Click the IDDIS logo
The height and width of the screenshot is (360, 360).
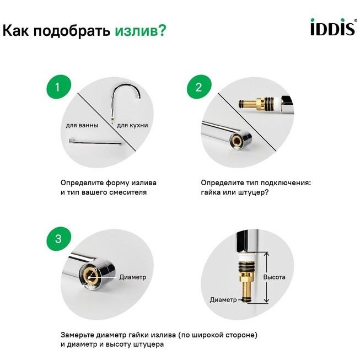[334, 27]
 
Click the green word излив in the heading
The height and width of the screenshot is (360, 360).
[140, 31]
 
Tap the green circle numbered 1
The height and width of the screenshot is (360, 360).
[58, 87]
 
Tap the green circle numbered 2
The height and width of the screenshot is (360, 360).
[199, 87]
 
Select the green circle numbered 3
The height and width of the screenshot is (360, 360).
[58, 239]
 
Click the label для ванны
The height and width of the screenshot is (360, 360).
[82, 125]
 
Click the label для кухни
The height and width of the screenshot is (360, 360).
[132, 125]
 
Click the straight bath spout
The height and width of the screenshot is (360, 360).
[96, 142]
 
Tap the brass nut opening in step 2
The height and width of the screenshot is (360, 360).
[237, 139]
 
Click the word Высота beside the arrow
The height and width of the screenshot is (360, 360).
[275, 277]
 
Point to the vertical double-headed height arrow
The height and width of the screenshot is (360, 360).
[266, 277]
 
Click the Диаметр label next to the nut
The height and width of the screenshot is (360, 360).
[133, 277]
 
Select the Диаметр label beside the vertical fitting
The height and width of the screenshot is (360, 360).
[223, 299]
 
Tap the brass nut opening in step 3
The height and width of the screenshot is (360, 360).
[90, 275]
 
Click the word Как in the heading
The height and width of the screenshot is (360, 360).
[16, 30]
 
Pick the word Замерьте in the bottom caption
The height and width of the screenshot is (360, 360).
[78, 335]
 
